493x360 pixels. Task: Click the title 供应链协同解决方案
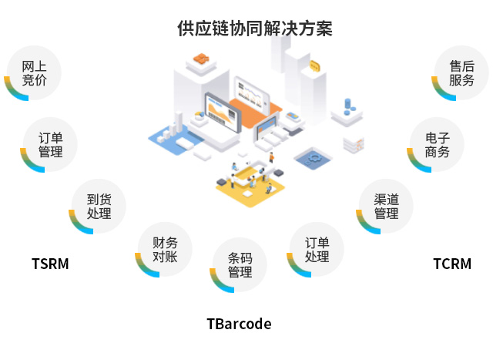(255, 29)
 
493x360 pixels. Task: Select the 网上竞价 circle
(34, 73)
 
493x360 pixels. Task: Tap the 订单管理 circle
(50, 144)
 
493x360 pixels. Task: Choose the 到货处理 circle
(99, 206)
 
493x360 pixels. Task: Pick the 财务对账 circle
(165, 249)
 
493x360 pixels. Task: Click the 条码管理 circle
(240, 264)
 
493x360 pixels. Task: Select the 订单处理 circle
(317, 249)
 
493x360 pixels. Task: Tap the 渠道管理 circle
(386, 206)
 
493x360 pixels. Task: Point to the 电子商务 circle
(437, 144)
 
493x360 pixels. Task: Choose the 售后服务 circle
(461, 73)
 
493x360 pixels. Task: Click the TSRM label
(50, 264)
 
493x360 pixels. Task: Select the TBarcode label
(239, 324)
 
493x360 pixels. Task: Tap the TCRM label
(452, 264)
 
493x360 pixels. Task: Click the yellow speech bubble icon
(315, 66)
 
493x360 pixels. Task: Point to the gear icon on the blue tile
(314, 157)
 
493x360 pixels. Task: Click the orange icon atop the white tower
(201, 59)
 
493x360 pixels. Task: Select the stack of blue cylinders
(348, 107)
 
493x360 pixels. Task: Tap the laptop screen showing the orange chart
(223, 113)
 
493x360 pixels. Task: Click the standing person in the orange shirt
(271, 157)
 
